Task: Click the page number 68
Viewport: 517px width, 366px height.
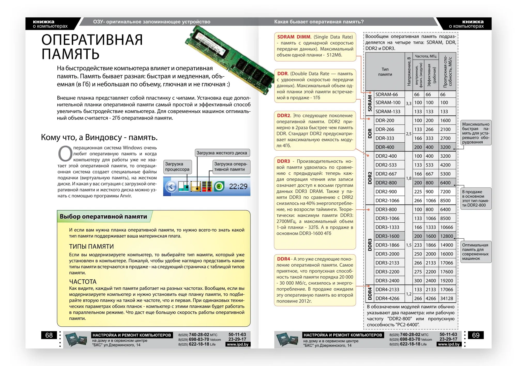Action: coord(49,335)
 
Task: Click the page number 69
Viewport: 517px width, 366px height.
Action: coord(476,335)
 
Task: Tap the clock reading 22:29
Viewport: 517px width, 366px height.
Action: coord(238,186)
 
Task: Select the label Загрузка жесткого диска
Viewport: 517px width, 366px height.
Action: coord(222,153)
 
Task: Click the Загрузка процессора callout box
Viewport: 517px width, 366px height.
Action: coord(177,167)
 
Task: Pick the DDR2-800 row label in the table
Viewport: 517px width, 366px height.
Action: coord(386,183)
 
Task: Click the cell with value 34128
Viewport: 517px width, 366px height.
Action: coord(447,298)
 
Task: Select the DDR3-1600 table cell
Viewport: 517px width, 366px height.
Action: coord(387,236)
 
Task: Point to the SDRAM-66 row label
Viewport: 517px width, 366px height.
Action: coord(387,94)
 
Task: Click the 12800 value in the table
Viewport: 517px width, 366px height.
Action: coord(447,236)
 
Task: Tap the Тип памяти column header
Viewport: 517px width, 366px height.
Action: coord(385,72)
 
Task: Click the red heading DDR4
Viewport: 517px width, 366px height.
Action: coord(284,259)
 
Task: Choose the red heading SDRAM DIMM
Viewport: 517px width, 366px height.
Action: coord(294,37)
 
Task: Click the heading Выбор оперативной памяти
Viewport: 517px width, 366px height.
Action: coord(103,216)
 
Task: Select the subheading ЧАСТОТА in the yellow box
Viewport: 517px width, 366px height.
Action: coord(83,282)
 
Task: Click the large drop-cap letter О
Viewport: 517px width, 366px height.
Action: coord(65,154)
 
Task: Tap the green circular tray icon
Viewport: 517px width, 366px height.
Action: coord(219,186)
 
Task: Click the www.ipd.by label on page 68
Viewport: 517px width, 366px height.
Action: coord(238,344)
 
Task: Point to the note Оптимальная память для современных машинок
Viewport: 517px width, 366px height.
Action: coord(476,252)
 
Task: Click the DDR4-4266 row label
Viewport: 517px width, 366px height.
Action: coord(387,298)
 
